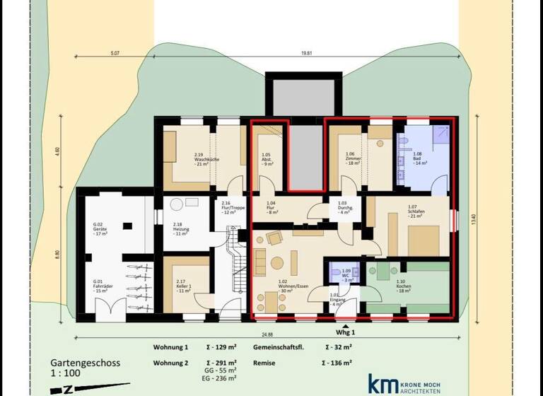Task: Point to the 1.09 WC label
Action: (x=346, y=276)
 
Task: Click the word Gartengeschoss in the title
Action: (x=85, y=363)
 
